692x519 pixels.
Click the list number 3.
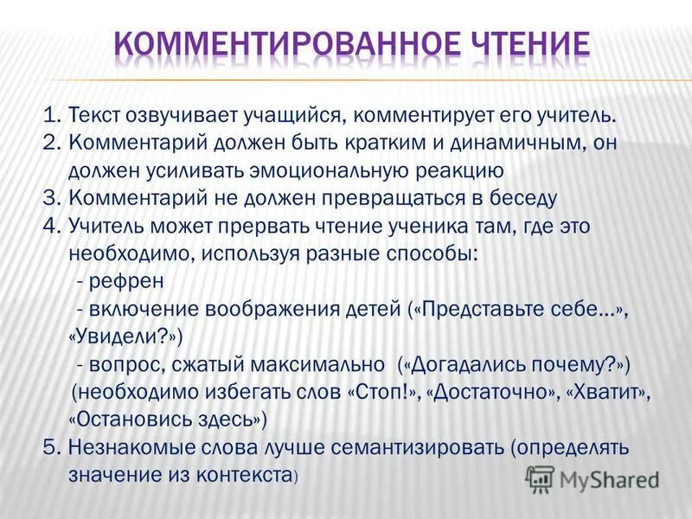tap(49, 198)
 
